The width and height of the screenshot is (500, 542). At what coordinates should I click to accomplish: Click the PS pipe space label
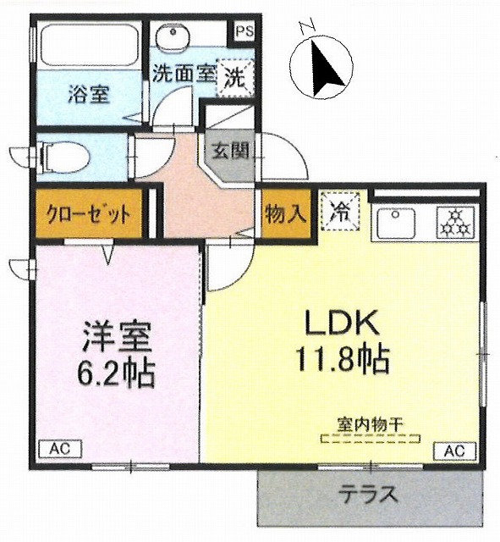[x=245, y=31]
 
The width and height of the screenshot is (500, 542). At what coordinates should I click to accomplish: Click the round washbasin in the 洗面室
[x=172, y=35]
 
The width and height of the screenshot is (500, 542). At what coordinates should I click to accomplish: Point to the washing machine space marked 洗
[x=235, y=78]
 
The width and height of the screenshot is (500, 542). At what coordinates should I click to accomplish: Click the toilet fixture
[x=64, y=158]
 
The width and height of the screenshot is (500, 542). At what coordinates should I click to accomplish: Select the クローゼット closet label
[x=89, y=214]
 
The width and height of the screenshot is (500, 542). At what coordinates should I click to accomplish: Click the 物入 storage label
[x=286, y=213]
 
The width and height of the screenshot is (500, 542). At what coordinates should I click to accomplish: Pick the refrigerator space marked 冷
[x=340, y=212]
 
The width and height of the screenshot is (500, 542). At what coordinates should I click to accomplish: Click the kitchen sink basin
[x=395, y=222]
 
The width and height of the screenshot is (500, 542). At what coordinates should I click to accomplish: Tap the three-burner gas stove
[x=456, y=222]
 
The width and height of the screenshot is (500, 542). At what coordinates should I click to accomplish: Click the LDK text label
[x=341, y=322]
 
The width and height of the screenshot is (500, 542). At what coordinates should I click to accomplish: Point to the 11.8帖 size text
[x=342, y=358]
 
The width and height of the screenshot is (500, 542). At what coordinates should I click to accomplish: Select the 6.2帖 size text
[x=117, y=373]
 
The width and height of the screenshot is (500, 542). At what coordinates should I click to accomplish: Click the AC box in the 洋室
[x=60, y=449]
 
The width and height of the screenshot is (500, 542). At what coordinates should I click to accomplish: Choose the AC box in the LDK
[x=454, y=451]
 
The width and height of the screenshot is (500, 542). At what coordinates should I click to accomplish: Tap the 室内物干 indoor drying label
[x=371, y=425]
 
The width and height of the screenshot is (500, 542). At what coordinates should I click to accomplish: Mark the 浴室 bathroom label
[x=89, y=94]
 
